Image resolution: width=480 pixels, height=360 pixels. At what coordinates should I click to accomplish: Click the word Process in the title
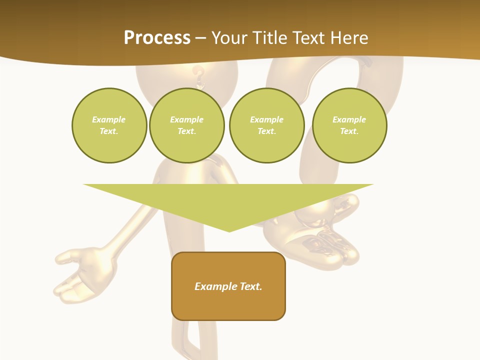(157, 38)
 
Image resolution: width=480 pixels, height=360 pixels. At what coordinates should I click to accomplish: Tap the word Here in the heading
(349, 38)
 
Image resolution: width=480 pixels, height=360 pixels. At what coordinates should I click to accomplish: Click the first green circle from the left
(109, 125)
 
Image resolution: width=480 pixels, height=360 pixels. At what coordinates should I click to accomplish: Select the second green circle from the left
(186, 125)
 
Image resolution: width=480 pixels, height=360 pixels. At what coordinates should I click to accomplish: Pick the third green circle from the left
(266, 125)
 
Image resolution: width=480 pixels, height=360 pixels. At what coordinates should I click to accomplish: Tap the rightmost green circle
(349, 125)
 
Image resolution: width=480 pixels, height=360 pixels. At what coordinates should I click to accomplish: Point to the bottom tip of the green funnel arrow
(229, 231)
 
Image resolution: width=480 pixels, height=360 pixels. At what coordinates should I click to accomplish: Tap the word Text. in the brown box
(251, 286)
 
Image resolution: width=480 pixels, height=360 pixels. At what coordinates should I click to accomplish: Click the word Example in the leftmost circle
(109, 119)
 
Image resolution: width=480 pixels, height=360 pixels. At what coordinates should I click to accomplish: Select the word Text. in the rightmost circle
(349, 131)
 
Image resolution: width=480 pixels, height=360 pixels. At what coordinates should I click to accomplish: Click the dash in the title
(200, 38)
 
